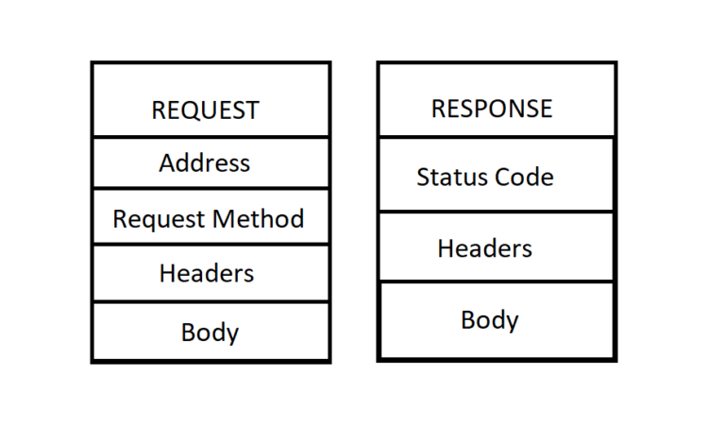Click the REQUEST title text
pyautogui.click(x=205, y=110)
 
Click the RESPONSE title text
pyautogui.click(x=492, y=109)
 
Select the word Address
pyautogui.click(x=205, y=163)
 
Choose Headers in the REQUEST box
pyautogui.click(x=207, y=274)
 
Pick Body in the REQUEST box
pyautogui.click(x=210, y=332)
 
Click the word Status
pyautogui.click(x=447, y=178)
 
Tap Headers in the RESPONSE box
pyautogui.click(x=484, y=248)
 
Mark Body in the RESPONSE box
pyautogui.click(x=489, y=320)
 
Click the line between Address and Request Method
pyautogui.click(x=211, y=188)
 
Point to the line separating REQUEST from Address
pyautogui.click(x=211, y=137)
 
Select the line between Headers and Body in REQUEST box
pyautogui.click(x=211, y=302)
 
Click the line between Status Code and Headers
pyautogui.click(x=496, y=212)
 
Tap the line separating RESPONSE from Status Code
pyautogui.click(x=496, y=137)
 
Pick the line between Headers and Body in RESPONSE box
pyautogui.click(x=496, y=280)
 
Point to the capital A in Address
pyautogui.click(x=166, y=163)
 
